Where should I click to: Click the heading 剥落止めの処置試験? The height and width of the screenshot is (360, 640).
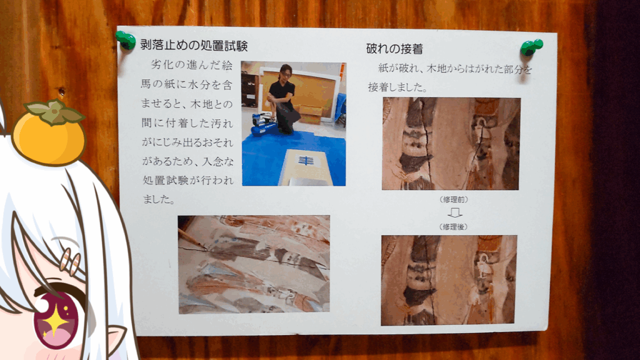point(194,45)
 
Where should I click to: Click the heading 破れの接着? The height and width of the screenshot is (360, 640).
point(394,49)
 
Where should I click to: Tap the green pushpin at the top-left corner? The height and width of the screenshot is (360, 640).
point(126,41)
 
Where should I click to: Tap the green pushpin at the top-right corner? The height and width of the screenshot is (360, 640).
point(531,47)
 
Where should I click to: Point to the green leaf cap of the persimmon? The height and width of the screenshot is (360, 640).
point(53,111)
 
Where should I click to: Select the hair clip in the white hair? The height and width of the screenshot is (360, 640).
point(70,261)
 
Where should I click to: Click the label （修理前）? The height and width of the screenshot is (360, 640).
point(454,199)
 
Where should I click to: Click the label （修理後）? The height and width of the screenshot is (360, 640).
point(453,227)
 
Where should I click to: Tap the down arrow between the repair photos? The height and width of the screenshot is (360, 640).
point(454,212)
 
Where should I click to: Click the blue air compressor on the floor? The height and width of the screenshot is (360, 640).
point(264,125)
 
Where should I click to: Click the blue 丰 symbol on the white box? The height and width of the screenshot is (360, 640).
point(305,161)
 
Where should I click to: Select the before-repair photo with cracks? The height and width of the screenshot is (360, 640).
point(451,144)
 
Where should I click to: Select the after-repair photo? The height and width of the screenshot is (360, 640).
point(449,280)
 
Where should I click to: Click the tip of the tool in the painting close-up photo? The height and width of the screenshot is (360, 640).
point(205,247)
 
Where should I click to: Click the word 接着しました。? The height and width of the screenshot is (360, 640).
point(397,87)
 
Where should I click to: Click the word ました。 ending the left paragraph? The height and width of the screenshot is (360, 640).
point(159,199)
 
